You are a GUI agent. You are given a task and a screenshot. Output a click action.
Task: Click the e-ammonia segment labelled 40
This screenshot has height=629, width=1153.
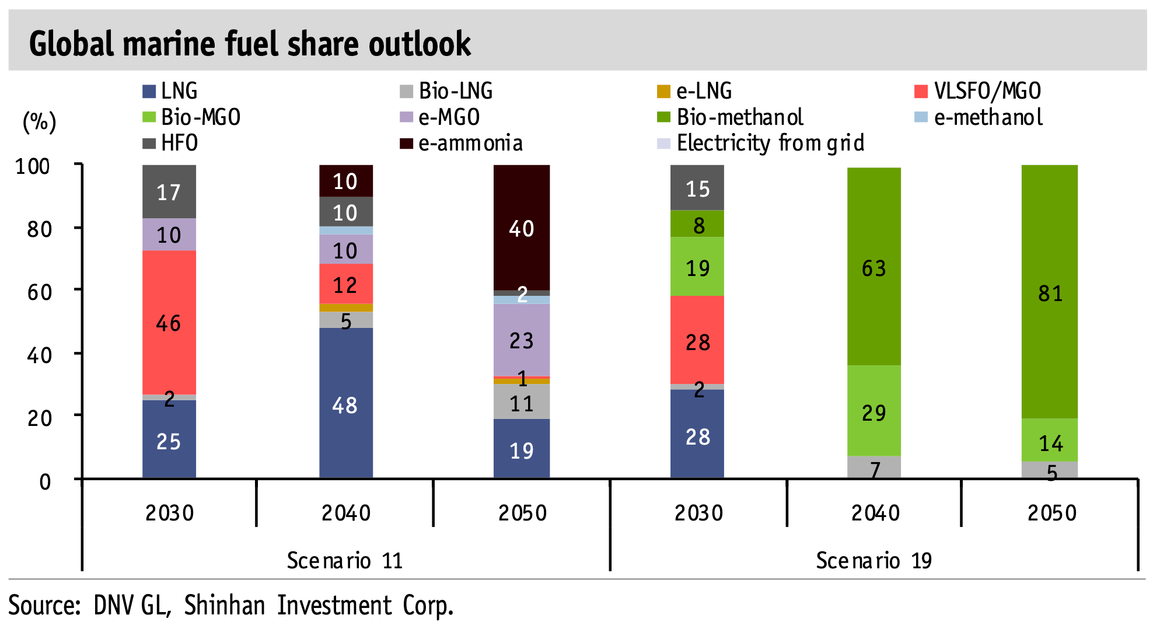[x=521, y=228]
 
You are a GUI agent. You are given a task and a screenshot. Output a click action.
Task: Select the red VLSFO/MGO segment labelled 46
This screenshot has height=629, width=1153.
[x=169, y=322]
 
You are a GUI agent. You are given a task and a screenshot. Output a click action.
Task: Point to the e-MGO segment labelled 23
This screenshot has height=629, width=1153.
[x=521, y=340]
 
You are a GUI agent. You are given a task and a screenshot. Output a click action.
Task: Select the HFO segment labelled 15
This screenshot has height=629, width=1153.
[x=697, y=188]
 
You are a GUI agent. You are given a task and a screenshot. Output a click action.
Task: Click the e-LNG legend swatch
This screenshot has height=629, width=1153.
[x=663, y=92]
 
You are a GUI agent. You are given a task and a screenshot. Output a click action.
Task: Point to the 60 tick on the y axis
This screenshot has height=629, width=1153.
[x=40, y=291]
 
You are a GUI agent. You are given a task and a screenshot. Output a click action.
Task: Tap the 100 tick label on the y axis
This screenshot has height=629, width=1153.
[x=33, y=166]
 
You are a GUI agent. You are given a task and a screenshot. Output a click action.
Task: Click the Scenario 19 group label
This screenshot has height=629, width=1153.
[x=873, y=560]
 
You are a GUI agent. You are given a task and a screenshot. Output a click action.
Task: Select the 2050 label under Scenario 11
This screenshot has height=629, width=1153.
[x=522, y=513]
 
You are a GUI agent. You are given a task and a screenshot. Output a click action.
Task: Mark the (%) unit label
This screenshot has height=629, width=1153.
[x=39, y=122]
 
